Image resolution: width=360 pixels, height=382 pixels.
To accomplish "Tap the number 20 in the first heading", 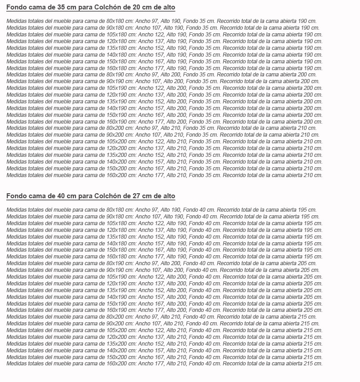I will (131, 8).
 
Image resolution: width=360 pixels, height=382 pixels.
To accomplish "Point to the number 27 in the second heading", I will (131, 196).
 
